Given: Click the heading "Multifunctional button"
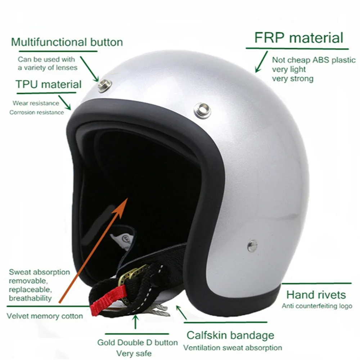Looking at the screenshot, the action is (x=67, y=42).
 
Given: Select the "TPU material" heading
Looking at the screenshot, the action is (x=49, y=85).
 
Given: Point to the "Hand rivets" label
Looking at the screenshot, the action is (x=316, y=295).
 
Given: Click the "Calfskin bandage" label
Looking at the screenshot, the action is (x=230, y=336).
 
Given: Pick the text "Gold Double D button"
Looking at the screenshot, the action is (x=138, y=342).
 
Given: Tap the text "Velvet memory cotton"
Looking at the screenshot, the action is (x=45, y=316).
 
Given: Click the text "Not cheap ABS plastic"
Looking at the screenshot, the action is (x=314, y=60).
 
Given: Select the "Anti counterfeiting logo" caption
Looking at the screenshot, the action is (x=317, y=306).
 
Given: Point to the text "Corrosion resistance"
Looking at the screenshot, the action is (x=37, y=112).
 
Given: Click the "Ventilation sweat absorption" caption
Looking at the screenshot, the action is (x=233, y=348).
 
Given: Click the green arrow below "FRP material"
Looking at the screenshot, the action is (x=261, y=62).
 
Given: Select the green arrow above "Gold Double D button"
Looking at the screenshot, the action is (x=135, y=321).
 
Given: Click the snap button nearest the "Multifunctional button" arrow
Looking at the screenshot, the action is (x=105, y=85).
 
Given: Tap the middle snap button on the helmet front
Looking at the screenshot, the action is (x=202, y=109).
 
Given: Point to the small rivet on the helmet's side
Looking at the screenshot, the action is (x=252, y=246).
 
